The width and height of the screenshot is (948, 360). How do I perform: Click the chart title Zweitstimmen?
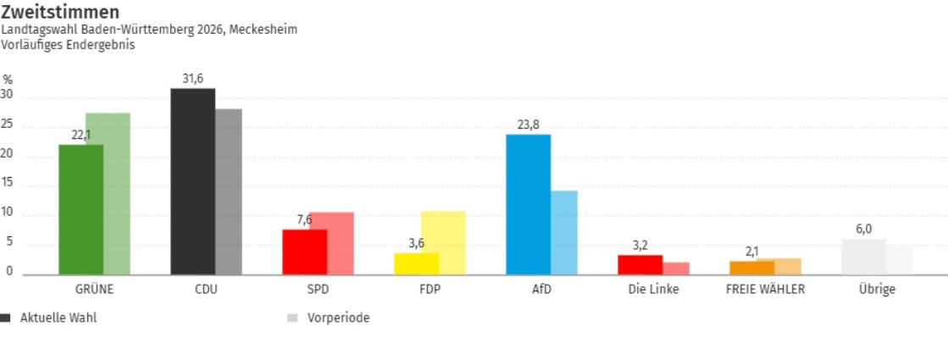(59, 12)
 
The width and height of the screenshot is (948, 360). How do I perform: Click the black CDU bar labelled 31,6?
(192, 181)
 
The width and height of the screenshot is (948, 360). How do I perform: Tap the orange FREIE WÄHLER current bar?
(752, 268)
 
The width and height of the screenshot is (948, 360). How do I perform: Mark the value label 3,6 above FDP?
(416, 243)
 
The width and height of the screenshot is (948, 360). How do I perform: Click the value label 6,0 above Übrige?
(863, 229)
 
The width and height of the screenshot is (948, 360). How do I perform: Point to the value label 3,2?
(640, 246)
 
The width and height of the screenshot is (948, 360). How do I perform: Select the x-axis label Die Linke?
(653, 289)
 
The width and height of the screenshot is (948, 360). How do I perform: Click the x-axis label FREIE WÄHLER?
(765, 289)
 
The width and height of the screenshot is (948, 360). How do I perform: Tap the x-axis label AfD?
(541, 289)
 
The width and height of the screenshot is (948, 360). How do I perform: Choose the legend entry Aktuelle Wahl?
(58, 318)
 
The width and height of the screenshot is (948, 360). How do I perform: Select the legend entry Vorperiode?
(338, 318)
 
